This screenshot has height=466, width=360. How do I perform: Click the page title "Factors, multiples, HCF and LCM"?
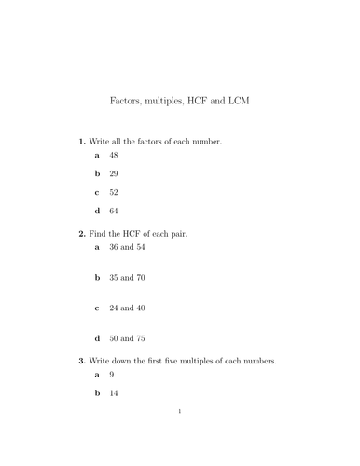tap(180, 98)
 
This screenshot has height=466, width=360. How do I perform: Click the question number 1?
tap(81, 141)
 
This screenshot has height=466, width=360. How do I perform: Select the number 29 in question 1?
tap(113, 174)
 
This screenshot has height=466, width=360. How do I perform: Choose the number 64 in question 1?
tap(113, 212)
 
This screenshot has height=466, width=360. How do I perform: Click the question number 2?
tap(81, 233)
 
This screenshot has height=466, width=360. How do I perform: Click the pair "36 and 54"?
tap(128, 248)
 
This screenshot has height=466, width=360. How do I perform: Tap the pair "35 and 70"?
tap(128, 278)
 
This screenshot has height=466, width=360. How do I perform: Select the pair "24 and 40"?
tap(128, 308)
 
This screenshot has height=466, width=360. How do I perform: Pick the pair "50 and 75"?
tap(128, 338)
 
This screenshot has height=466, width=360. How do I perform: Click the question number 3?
tap(81, 360)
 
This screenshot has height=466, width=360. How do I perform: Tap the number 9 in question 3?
tap(111, 375)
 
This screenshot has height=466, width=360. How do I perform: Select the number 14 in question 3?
tap(113, 393)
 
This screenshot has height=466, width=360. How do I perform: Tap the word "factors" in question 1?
tap(148, 141)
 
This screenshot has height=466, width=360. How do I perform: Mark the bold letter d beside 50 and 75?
tap(96, 338)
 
